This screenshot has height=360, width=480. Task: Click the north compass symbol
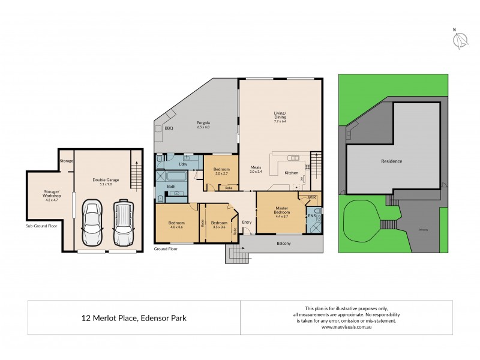pos(461,39)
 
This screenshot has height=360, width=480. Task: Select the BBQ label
pos(169,128)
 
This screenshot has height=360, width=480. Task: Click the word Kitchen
pos(291,173)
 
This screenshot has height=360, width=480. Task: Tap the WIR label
pos(312,197)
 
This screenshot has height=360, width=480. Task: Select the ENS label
pos(311,215)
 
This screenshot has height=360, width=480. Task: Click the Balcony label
pos(284,243)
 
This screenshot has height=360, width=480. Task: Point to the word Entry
pos(247,223)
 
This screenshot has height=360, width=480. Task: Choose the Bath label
pos(171,187)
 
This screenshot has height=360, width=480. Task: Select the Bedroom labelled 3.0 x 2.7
pos(222,170)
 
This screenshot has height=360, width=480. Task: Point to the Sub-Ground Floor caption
pos(41,226)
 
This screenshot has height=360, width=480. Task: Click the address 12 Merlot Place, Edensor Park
pos(134,317)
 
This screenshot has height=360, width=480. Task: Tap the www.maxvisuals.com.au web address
pos(347,327)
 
